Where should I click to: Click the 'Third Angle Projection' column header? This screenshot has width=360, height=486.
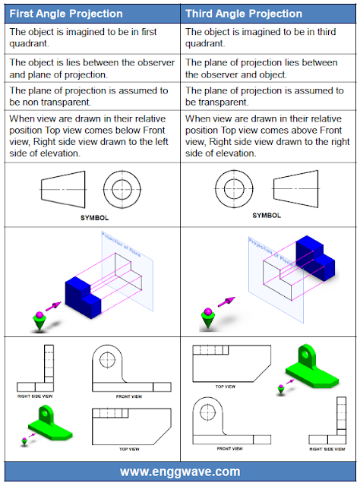tap(243, 14)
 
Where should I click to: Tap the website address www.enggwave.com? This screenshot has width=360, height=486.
tap(180, 471)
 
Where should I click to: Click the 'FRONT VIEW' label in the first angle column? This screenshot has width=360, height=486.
tap(130, 395)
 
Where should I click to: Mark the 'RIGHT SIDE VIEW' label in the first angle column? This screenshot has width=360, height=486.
tap(35, 396)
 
